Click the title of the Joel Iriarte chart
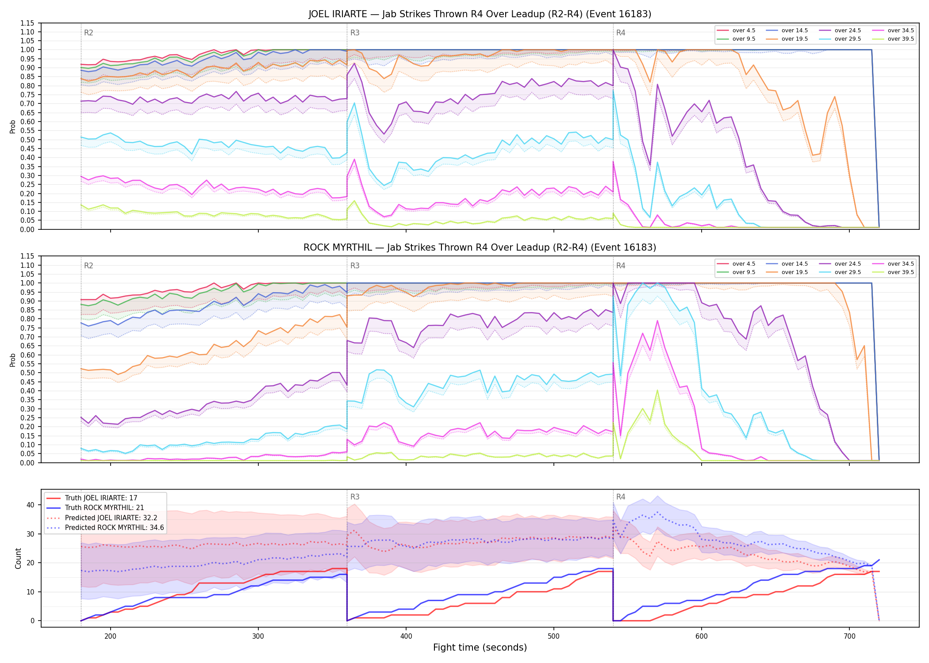[480, 14]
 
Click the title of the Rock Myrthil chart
[480, 248]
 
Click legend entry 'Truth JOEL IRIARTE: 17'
[101, 498]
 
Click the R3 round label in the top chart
[355, 33]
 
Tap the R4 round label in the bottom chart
[621, 497]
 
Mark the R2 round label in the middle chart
[88, 266]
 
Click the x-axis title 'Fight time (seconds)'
[480, 648]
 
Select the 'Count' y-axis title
[18, 558]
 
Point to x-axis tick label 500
[553, 636]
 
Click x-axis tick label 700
[849, 636]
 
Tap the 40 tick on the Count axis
[31, 505]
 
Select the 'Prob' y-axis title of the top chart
[13, 126]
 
